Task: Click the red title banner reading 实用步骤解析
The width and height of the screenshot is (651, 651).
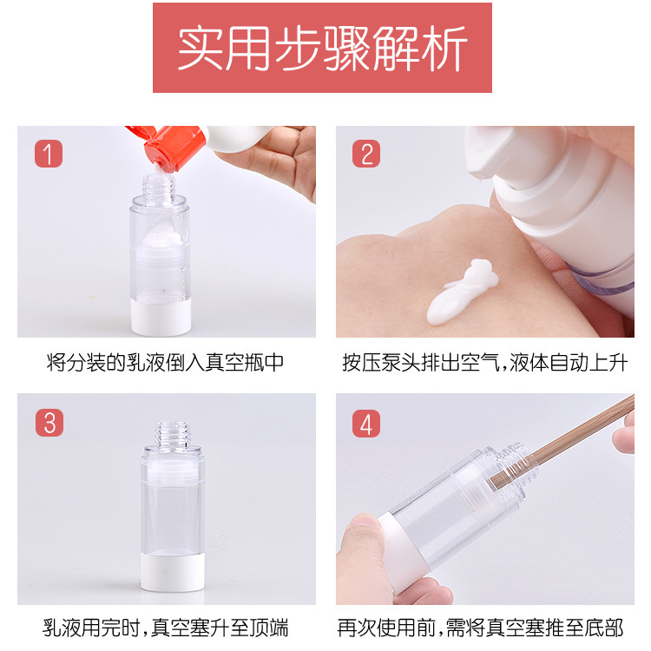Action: (x=322, y=48)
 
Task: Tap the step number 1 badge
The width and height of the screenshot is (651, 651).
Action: (x=49, y=154)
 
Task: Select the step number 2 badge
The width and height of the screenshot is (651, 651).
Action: (x=366, y=154)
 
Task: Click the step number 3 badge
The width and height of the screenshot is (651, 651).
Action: (x=49, y=423)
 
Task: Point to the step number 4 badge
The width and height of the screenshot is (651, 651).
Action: (x=366, y=424)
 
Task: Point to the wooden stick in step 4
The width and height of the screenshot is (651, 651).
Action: (x=564, y=443)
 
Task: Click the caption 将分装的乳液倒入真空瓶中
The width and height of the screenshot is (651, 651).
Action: (x=165, y=363)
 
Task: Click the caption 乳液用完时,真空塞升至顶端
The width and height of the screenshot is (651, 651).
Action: (x=165, y=628)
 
